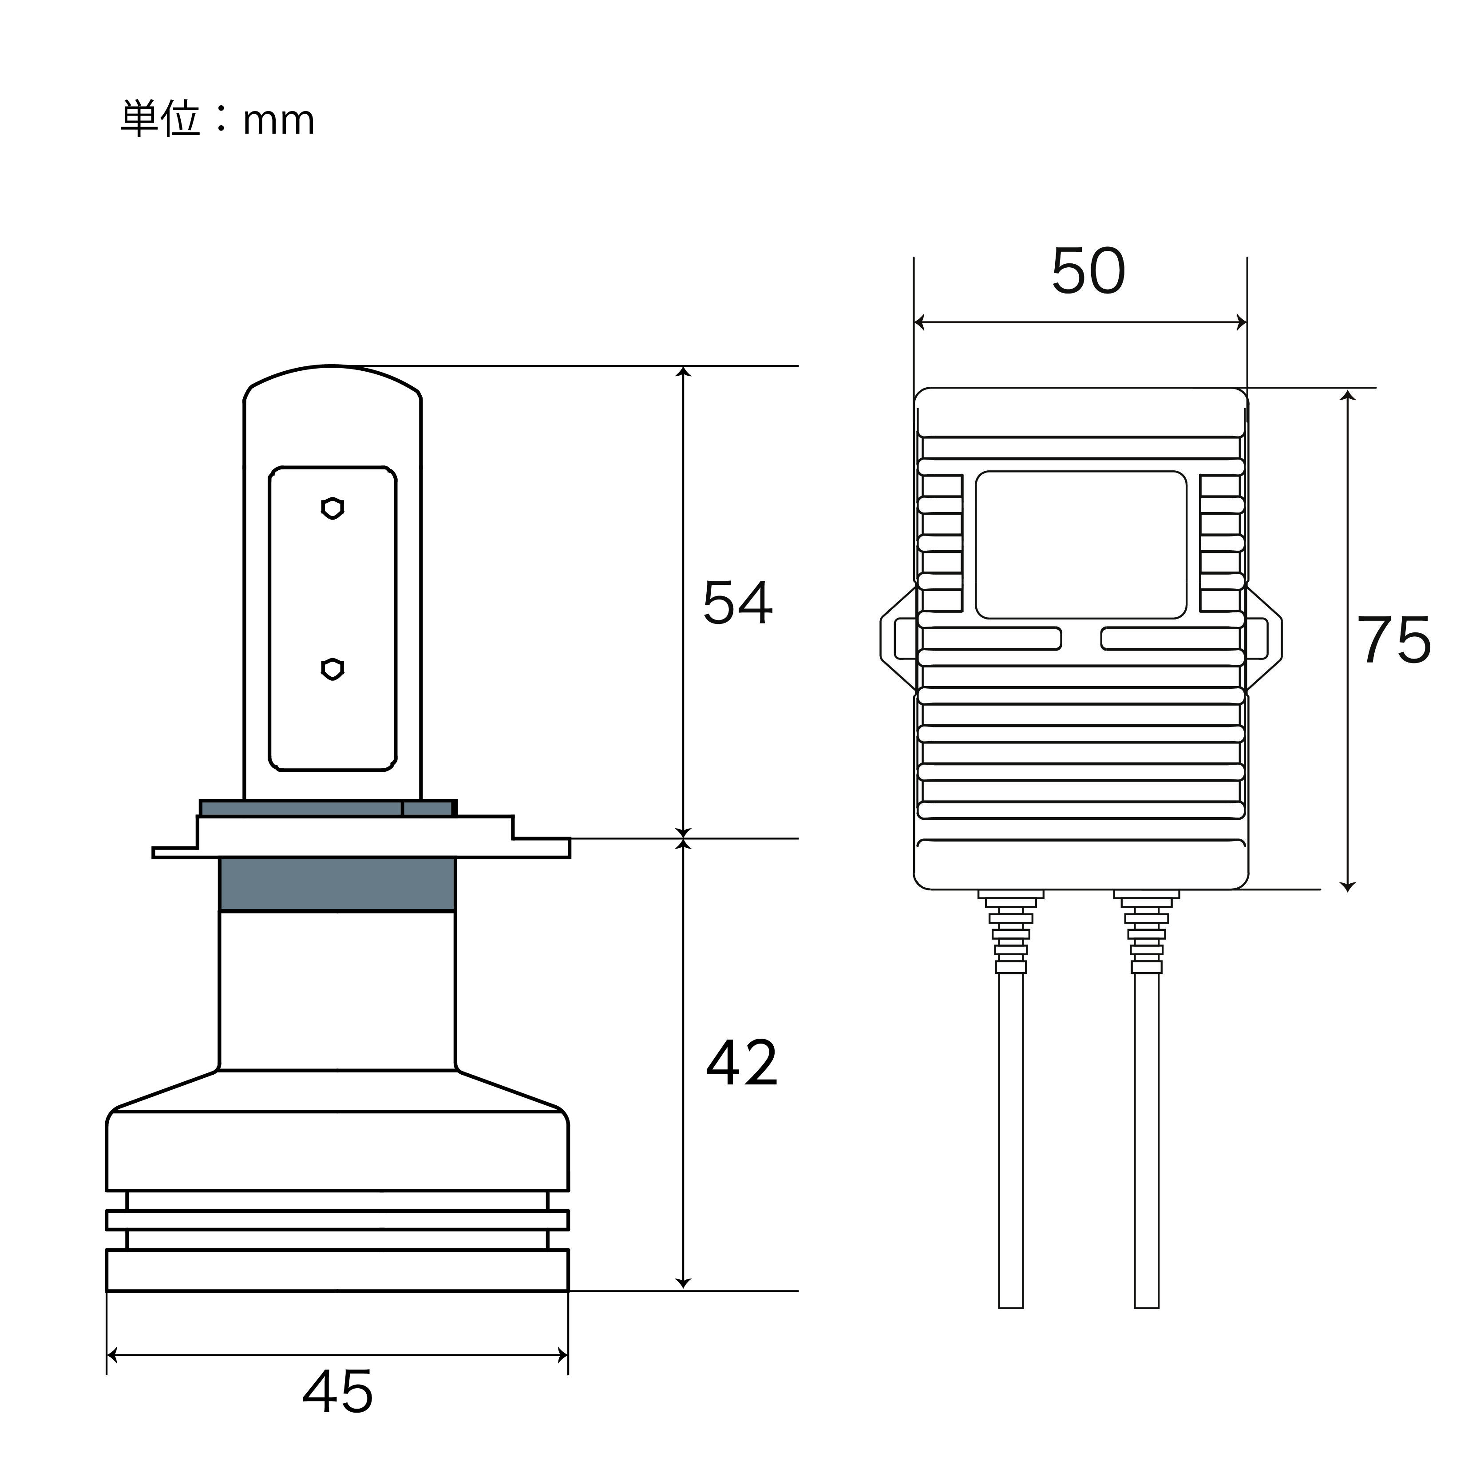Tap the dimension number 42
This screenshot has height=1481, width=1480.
coord(741,1063)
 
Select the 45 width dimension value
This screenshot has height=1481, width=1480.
coord(338,1391)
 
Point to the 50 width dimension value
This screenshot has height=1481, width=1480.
coord(1088,270)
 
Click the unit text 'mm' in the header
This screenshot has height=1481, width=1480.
coord(279,122)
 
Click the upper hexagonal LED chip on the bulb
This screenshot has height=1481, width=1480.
coord(332,508)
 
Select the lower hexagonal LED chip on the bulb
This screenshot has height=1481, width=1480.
coord(332,668)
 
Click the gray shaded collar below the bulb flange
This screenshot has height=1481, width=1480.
coord(337,885)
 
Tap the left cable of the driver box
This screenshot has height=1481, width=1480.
coord(1011,1141)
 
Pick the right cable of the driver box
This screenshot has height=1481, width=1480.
coord(1147,1141)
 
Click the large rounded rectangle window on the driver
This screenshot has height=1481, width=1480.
coord(1080,545)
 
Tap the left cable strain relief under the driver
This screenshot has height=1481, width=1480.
coord(1011,931)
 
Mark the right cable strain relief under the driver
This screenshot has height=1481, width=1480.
coord(1147,931)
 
